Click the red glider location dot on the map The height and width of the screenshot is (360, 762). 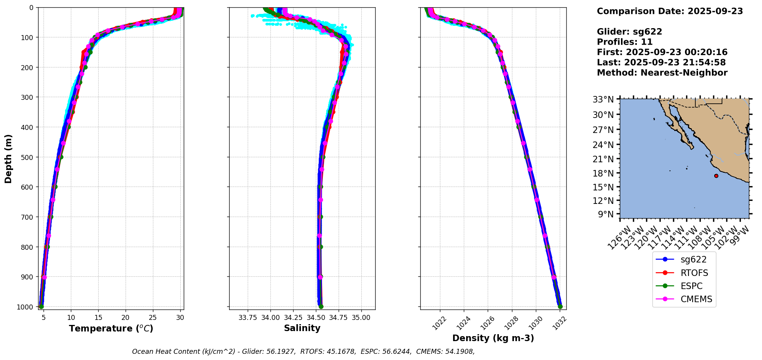(x=716, y=176)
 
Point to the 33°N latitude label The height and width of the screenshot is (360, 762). (x=603, y=99)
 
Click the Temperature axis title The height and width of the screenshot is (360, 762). (x=111, y=328)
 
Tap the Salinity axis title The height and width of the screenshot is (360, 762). (x=302, y=328)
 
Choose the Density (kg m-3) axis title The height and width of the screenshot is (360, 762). (x=493, y=338)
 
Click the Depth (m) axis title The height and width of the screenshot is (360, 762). (x=8, y=158)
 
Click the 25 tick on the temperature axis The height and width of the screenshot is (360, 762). (x=153, y=318)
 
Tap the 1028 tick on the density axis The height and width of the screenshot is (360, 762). (x=513, y=322)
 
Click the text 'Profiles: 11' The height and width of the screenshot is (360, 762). (x=624, y=42)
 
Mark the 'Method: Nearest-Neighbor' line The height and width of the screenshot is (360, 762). (x=662, y=72)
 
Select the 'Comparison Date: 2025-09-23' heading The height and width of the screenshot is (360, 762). (x=670, y=11)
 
